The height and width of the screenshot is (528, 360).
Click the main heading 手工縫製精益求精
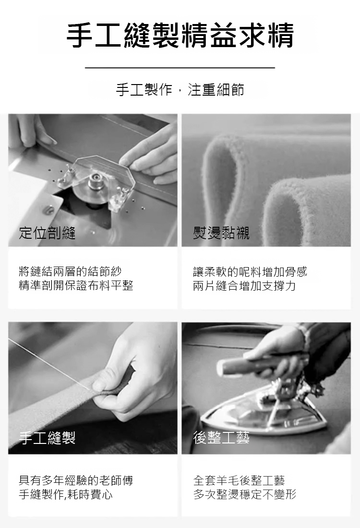pyautogui.click(x=180, y=35)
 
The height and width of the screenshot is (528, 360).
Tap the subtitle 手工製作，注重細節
pyautogui.click(x=180, y=90)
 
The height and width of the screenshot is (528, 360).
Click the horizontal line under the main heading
pyautogui.click(x=180, y=68)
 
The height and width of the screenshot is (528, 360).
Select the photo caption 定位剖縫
pyautogui.click(x=47, y=233)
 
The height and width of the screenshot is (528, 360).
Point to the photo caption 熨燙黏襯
pyautogui.click(x=221, y=233)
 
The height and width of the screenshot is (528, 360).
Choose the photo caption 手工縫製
pyautogui.click(x=47, y=438)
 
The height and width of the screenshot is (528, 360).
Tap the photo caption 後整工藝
pyautogui.click(x=221, y=438)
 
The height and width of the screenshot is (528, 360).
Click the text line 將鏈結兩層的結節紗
pyautogui.click(x=70, y=271)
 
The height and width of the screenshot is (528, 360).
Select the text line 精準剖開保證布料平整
pyautogui.click(x=76, y=285)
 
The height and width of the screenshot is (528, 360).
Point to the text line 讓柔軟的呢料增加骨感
pyautogui.click(x=250, y=271)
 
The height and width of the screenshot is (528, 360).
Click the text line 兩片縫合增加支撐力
pyautogui.click(x=244, y=285)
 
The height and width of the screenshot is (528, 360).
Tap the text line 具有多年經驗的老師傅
pyautogui.click(x=76, y=480)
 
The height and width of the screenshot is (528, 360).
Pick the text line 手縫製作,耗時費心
pyautogui.click(x=66, y=494)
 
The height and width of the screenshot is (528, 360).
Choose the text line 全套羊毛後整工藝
pyautogui.click(x=239, y=480)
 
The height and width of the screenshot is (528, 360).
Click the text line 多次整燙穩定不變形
pyautogui.click(x=245, y=494)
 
